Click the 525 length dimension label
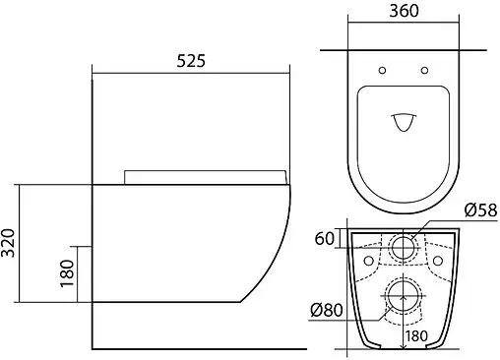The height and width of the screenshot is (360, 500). [x=191, y=61]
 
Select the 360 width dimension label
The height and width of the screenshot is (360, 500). [x=404, y=11]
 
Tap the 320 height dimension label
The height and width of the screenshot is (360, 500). [x=8, y=243]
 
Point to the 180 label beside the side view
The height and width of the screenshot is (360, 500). [x=67, y=273]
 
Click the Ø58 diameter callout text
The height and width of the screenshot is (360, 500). [x=480, y=210]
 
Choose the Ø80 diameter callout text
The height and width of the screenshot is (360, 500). [x=327, y=310]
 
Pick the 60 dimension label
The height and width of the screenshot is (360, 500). [x=325, y=238]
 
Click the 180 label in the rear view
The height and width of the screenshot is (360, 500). [x=416, y=336]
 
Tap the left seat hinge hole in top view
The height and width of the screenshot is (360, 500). [x=382, y=70]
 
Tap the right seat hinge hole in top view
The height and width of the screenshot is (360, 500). [x=424, y=70]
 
